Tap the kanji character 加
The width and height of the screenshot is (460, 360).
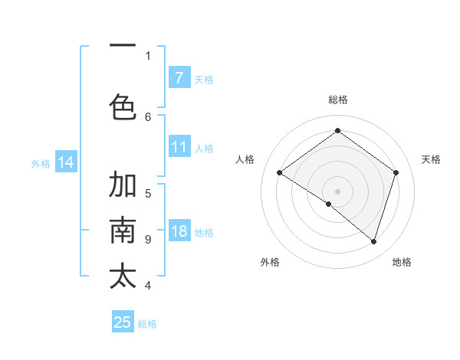tap(123, 185)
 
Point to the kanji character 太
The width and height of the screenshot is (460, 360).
tap(123, 276)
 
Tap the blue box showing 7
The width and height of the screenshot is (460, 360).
tap(179, 77)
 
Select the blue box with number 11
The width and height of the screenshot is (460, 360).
tap(179, 147)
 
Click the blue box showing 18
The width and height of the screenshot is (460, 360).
tap(179, 231)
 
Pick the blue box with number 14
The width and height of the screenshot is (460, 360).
tap(65, 162)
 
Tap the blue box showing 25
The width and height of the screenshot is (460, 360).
tap(123, 322)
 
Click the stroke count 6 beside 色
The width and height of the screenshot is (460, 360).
tap(148, 116)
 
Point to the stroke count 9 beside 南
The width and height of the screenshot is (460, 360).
tap(148, 239)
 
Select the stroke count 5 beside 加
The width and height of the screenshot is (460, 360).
tap(148, 193)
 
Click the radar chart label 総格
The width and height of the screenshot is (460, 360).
tap(337, 100)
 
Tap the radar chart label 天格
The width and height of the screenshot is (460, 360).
tap(431, 159)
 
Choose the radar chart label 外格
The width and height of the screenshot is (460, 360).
tap(270, 262)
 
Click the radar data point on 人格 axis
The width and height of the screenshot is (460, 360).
tap(279, 173)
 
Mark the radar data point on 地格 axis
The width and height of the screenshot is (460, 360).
tap(373, 241)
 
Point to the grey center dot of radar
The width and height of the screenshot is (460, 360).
tap(337, 191)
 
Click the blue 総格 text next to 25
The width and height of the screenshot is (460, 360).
tap(147, 324)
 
